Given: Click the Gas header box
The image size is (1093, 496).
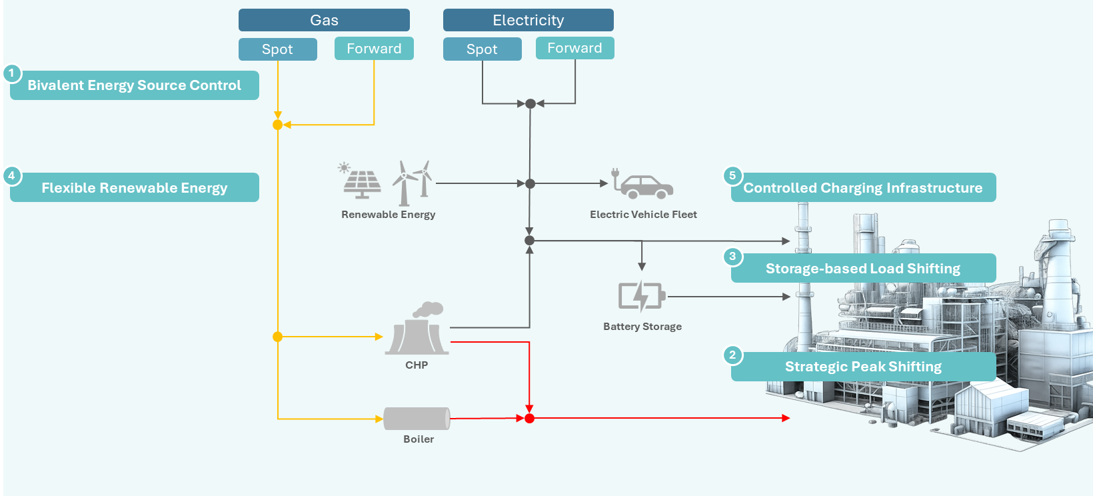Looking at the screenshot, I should (324, 20).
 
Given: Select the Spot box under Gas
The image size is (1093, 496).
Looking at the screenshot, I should (277, 49).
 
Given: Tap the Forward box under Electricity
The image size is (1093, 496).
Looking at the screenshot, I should (574, 48).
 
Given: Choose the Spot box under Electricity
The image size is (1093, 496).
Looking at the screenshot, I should (482, 49).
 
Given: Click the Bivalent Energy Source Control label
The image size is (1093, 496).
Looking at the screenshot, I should (135, 85).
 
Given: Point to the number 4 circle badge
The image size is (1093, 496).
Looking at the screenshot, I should (11, 176).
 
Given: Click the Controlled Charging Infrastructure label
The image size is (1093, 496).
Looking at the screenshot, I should (863, 188).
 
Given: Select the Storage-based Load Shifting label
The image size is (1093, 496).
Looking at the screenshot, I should (863, 269).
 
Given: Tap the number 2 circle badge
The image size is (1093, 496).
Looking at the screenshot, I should (732, 355).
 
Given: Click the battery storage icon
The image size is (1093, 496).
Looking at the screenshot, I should (641, 296).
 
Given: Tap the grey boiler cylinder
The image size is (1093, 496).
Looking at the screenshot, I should (417, 419).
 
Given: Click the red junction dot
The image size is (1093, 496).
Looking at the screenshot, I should (529, 419).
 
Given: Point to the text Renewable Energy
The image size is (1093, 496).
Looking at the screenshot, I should (388, 215).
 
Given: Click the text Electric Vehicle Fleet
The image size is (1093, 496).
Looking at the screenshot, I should (643, 215).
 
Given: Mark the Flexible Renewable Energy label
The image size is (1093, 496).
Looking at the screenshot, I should (135, 188).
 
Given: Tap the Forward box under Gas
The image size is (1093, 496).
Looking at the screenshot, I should (374, 49).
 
